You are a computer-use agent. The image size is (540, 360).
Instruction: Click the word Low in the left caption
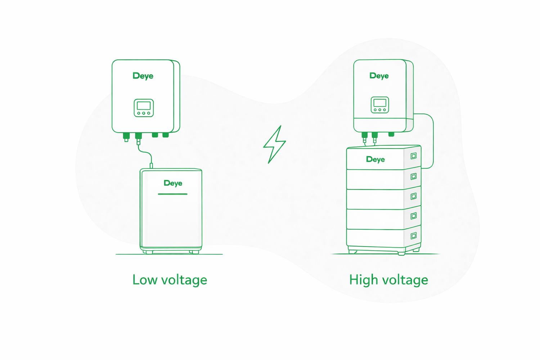144,280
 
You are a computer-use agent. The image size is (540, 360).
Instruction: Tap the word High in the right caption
363,280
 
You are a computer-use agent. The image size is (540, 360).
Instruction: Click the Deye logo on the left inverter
143,76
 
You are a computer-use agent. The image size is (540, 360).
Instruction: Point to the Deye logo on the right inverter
379,76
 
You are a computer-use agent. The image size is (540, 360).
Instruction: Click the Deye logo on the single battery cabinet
173,183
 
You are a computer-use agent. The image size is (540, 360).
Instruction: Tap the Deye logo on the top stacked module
375,159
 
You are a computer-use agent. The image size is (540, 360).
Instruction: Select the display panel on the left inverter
144,108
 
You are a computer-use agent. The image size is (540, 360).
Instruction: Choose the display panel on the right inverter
380,105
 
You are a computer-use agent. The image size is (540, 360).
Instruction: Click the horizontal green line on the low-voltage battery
173,194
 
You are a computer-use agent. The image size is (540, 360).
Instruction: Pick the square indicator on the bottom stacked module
414,236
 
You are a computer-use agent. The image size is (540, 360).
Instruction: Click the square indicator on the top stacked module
414,156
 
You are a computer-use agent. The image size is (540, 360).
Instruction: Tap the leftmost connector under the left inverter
126,136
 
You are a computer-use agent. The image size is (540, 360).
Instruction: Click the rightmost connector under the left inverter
166,135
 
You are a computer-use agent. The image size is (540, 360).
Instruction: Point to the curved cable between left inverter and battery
146,153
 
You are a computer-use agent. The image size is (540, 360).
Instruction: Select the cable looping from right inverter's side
433,140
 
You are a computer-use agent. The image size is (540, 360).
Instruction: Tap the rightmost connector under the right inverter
391,134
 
